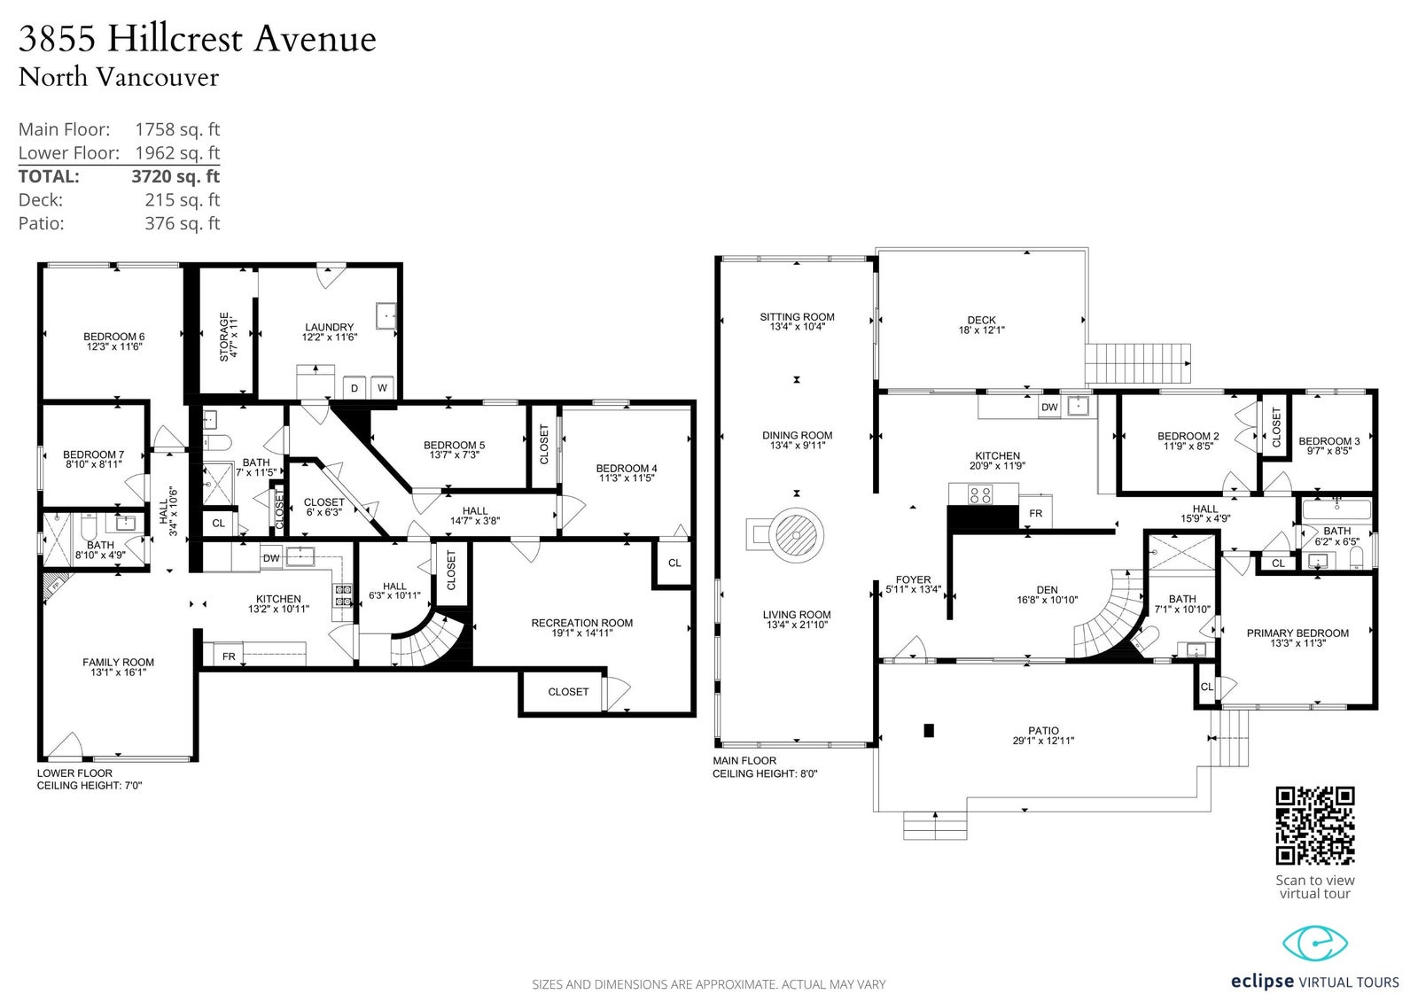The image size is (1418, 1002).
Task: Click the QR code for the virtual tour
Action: pos(1315,826)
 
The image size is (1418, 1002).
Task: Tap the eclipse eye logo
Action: pos(1315,944)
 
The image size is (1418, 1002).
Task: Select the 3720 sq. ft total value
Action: pos(175,176)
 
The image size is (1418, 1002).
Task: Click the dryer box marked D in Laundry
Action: pos(354,388)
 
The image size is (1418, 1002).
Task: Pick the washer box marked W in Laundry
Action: pos(382,388)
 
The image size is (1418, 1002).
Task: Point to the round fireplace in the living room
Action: pos(797,535)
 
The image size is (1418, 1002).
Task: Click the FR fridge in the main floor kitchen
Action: pos(1036,513)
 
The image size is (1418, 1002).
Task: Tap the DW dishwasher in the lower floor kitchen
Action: pos(271,557)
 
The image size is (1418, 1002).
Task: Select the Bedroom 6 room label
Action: pos(114,341)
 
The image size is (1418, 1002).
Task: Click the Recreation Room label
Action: pos(581,627)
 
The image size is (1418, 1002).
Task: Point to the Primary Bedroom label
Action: pos(1297,638)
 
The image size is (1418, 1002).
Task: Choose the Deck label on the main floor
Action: pos(981,325)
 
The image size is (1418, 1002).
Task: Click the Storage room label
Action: pos(229,337)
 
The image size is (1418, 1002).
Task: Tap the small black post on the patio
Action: pos(929,730)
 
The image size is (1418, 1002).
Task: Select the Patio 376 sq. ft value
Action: pos(183,222)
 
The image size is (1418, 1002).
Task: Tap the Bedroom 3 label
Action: pos(1328,447)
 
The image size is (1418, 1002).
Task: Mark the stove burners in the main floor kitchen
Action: pos(980,494)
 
